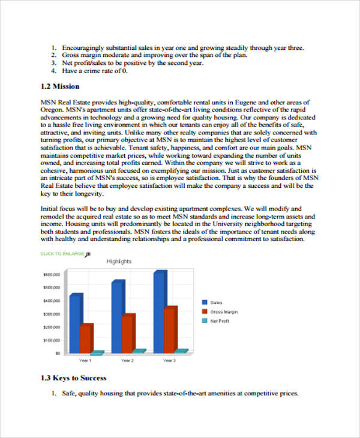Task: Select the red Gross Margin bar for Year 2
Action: point(128,332)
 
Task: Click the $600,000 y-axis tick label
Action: point(52,274)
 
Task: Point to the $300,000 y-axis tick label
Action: point(52,314)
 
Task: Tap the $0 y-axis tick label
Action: point(58,353)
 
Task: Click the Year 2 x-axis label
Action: point(127,361)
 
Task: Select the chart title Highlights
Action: point(119,261)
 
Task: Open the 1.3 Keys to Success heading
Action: point(73,378)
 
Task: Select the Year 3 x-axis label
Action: point(169,361)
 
